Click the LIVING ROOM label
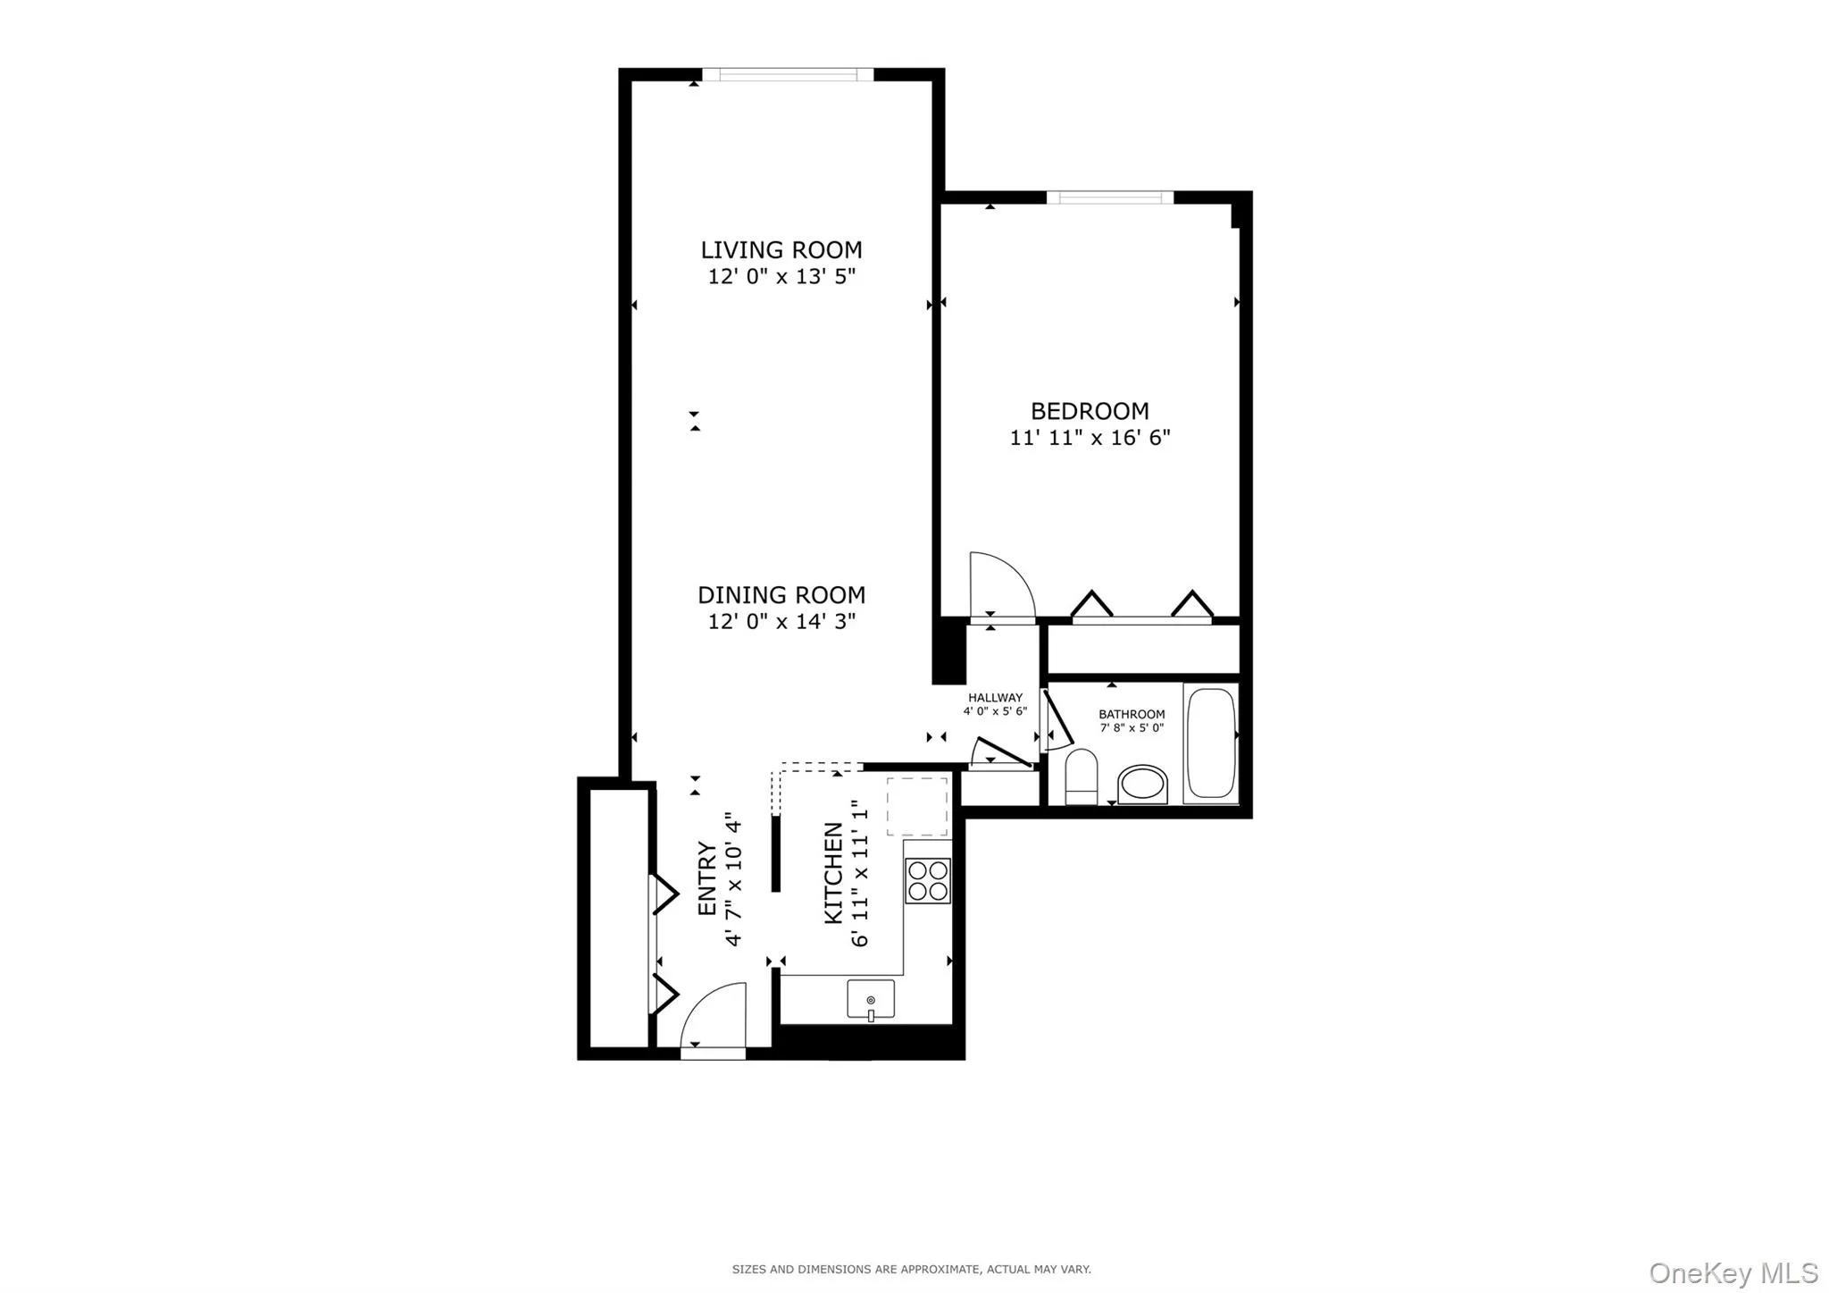[x=781, y=250]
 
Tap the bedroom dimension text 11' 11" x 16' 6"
[x=1090, y=438]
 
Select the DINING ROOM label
[x=781, y=595]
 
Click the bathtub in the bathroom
[x=1211, y=743]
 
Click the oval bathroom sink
[x=1142, y=785]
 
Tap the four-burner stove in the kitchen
[x=927, y=880]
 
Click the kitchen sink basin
[x=871, y=999]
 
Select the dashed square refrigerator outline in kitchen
[x=916, y=807]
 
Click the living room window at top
[x=787, y=75]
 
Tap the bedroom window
[x=1109, y=197]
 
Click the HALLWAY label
[x=995, y=698]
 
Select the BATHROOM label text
[x=1132, y=714]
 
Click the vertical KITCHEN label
[x=833, y=873]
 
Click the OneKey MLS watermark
[x=1733, y=1272]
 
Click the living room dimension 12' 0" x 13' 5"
[x=781, y=277]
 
